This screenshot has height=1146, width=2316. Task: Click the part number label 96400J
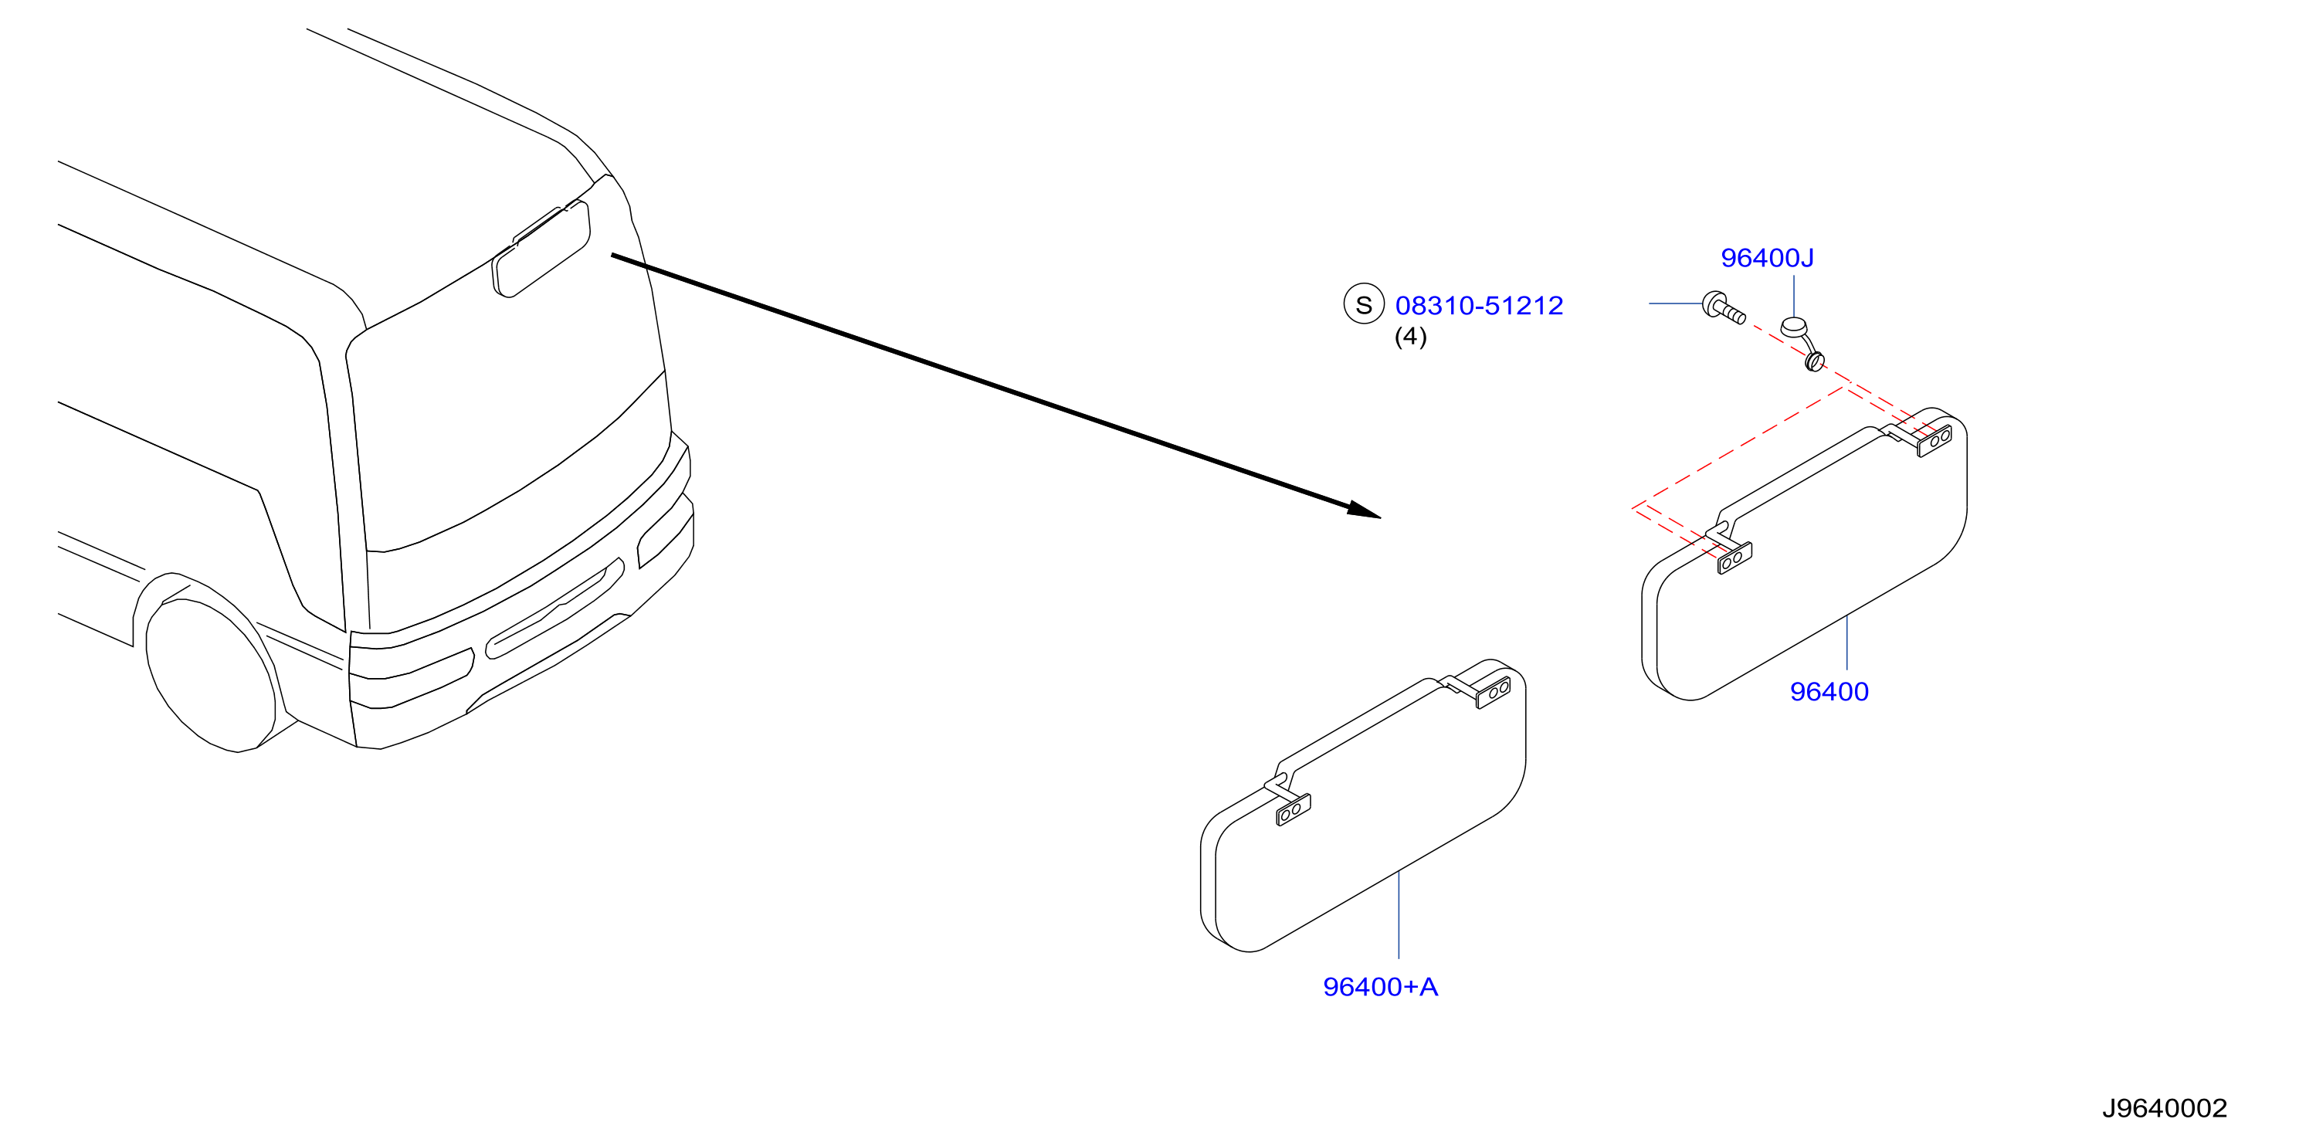[1767, 258]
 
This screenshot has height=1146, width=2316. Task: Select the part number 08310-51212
[1479, 306]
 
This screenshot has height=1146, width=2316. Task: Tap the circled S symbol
[1363, 305]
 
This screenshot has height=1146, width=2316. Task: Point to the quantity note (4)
[1409, 336]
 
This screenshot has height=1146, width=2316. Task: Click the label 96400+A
[1380, 987]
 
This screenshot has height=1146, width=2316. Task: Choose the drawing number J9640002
[2164, 1108]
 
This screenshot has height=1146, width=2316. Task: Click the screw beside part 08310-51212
[1724, 307]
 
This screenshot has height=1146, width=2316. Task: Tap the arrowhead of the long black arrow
[1365, 510]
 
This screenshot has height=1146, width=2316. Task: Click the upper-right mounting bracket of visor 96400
[1933, 440]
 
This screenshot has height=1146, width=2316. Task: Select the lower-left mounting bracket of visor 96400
[1734, 558]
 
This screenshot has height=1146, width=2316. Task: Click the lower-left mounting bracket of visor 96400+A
[1293, 811]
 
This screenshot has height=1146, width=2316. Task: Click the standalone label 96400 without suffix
[1829, 692]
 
